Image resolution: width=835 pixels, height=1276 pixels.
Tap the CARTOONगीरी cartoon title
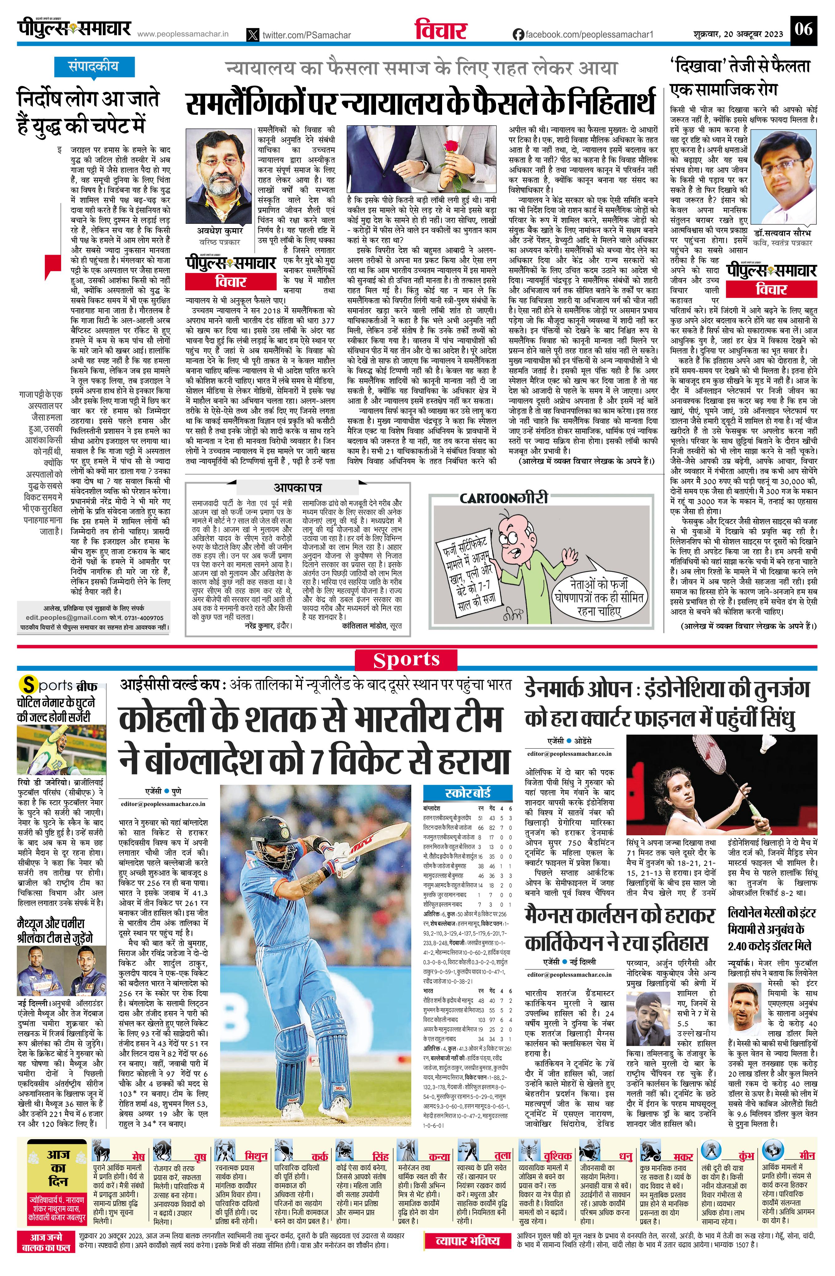[x=504, y=498]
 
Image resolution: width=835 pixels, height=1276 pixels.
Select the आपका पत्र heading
[x=298, y=488]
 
